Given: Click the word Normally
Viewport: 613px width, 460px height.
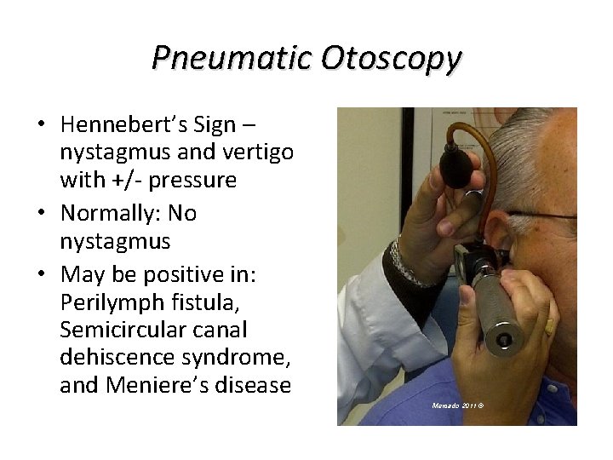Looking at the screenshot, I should point(106,212).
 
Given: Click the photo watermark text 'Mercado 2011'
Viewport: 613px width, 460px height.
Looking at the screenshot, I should point(457,405).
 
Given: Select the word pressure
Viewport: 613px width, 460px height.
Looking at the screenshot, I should point(195,181).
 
